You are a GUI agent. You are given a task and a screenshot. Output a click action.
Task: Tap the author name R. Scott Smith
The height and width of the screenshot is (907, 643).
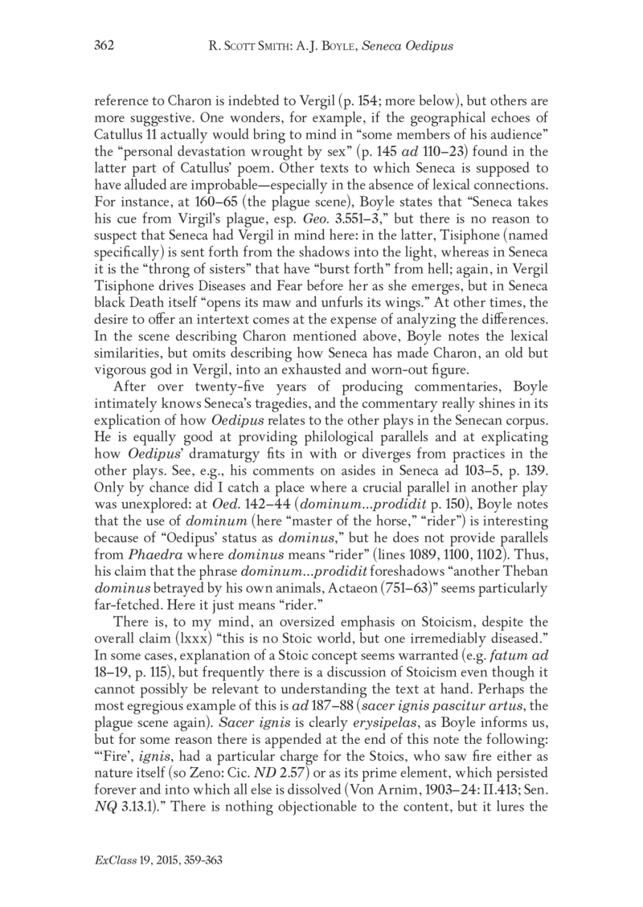tap(246, 47)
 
